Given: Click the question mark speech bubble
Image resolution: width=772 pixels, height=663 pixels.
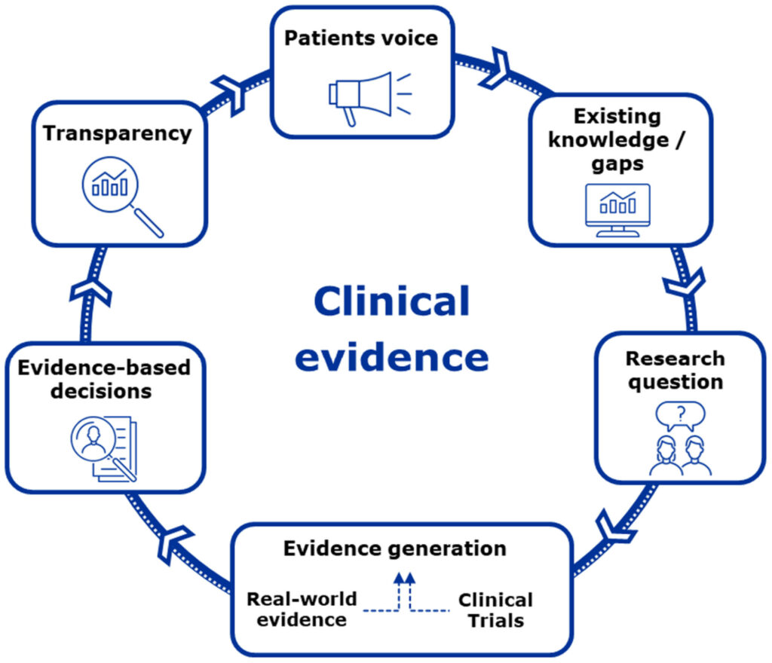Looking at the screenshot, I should pyautogui.click(x=680, y=414).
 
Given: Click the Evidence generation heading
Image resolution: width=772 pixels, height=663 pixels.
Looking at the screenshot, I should pyautogui.click(x=394, y=548).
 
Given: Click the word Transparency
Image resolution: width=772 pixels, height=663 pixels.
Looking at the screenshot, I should pyautogui.click(x=117, y=133).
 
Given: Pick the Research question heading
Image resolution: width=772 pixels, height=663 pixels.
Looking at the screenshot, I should pyautogui.click(x=675, y=369).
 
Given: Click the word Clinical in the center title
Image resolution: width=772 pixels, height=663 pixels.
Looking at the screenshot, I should pyautogui.click(x=391, y=302).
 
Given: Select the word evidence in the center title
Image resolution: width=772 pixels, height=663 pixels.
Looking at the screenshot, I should pyautogui.click(x=391, y=356).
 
